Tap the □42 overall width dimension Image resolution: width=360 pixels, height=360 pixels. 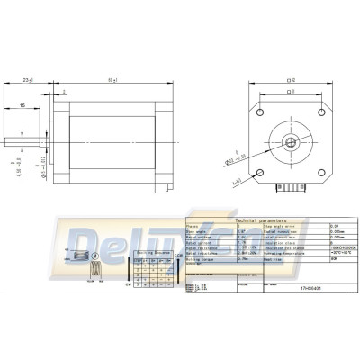coord(288,79)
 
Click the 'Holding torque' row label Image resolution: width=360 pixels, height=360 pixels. coord(201,258)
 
